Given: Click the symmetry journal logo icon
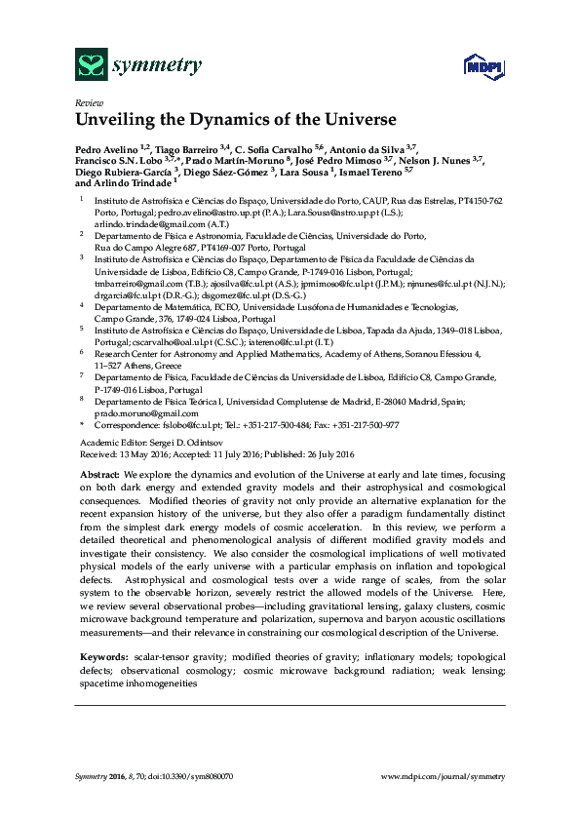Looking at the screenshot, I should [x=91, y=65].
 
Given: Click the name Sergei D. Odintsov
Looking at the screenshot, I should [x=174, y=442].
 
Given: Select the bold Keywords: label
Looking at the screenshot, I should [x=102, y=660].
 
